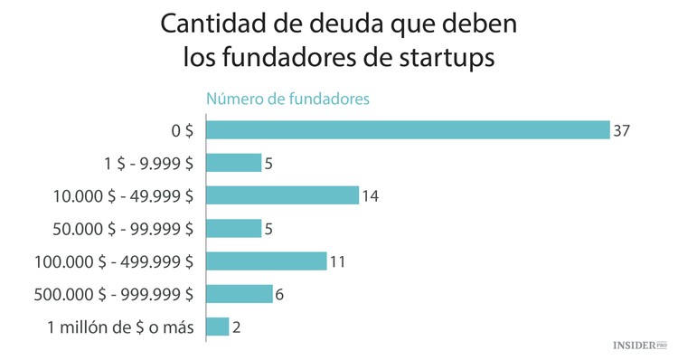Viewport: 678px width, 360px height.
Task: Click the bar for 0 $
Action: coord(408,130)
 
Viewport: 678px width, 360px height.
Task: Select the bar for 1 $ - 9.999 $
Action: coord(233,163)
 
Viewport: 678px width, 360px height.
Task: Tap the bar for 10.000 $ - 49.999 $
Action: coord(283,195)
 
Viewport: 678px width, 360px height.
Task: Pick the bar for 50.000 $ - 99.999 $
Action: coord(233,228)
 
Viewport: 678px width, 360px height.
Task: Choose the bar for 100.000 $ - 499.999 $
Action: coord(266,261)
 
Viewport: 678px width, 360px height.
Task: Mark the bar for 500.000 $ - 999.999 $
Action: coord(239,294)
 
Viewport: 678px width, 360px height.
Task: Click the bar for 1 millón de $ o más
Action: coord(217,327)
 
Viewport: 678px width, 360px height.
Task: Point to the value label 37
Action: coord(620,130)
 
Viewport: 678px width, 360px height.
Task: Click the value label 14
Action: coord(370,195)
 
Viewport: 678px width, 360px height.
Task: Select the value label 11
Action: coord(337,261)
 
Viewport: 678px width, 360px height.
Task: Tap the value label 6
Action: coord(280,294)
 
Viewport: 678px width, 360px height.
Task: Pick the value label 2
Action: coord(237,327)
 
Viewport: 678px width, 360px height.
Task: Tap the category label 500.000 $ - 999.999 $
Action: coord(113,294)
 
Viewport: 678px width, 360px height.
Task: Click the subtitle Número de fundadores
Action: coord(287,99)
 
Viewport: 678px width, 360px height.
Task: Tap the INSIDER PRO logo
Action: coord(639,346)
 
